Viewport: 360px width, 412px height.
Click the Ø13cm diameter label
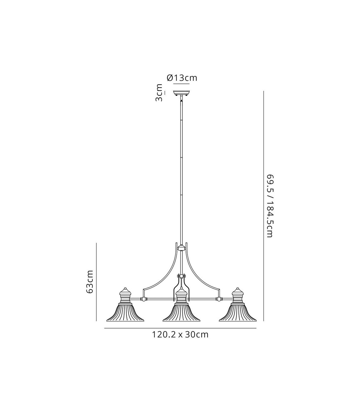pyautogui.click(x=182, y=78)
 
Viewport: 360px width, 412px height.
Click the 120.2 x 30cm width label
pyautogui.click(x=180, y=335)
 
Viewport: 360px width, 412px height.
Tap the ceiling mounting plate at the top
pyautogui.click(x=181, y=93)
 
